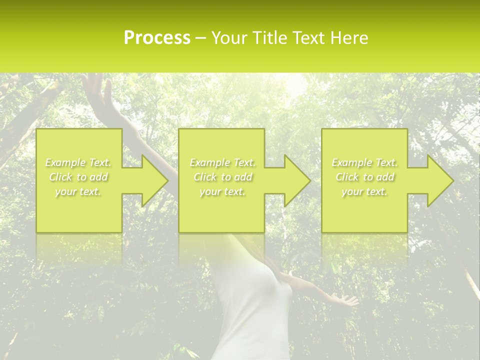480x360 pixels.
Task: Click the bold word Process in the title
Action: click(157, 38)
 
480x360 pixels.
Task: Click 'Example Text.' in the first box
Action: click(78, 162)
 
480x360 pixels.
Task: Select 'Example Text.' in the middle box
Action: click(222, 162)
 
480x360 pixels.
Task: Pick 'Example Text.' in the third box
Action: click(364, 162)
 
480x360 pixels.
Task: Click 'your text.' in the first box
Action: click(78, 191)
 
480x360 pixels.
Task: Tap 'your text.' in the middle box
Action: click(222, 191)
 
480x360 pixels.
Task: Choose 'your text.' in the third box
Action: click(364, 191)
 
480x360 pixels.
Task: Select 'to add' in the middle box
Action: click(236, 177)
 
